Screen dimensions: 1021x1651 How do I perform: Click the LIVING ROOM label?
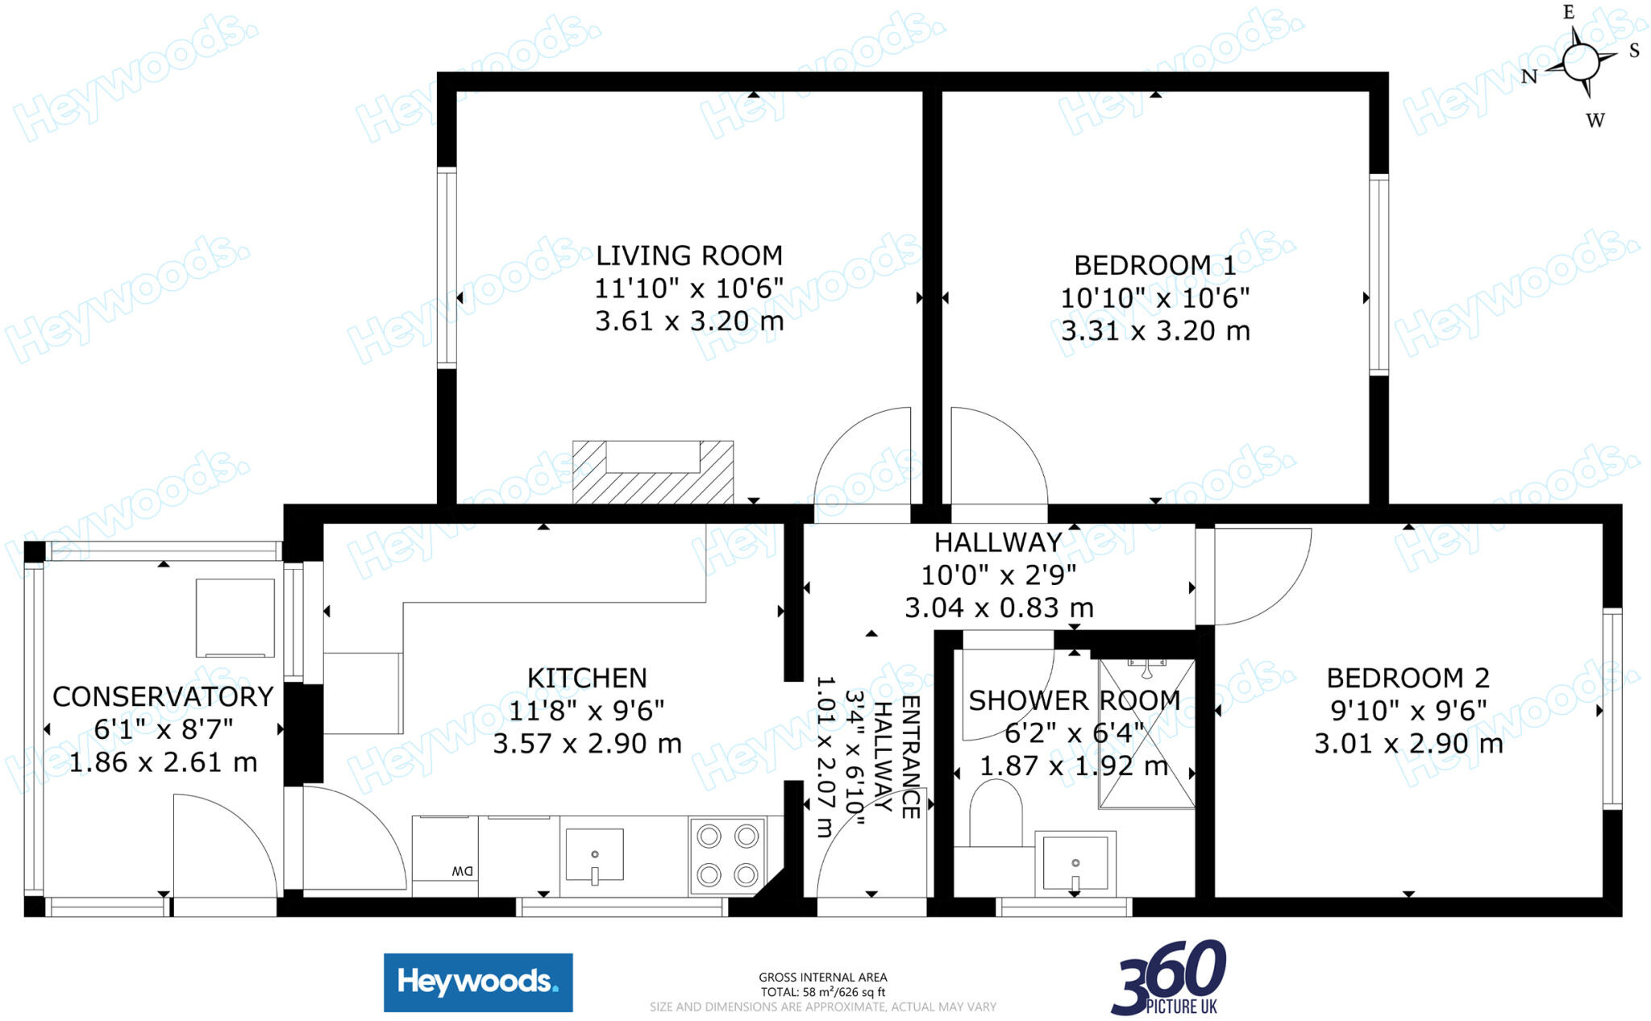689,256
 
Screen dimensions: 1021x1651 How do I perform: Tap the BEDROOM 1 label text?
1154,265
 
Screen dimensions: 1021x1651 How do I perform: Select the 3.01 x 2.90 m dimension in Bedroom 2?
1408,744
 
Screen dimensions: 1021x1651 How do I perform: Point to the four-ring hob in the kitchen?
728,855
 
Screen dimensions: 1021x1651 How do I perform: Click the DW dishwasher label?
462,871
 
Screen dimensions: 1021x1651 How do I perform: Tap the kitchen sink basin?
595,854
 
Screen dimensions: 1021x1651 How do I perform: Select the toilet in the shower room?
996,814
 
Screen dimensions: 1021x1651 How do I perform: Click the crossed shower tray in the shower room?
1146,733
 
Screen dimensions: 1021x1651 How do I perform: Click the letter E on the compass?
1569,12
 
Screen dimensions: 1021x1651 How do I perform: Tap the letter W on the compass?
1595,121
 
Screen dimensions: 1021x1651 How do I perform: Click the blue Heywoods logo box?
478,982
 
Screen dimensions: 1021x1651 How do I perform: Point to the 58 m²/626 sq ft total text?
823,992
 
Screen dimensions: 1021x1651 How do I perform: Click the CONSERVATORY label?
163,697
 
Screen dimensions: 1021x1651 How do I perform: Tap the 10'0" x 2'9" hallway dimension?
998,575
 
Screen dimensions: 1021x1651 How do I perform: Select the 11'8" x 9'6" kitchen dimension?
587,711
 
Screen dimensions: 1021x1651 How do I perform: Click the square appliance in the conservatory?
235,617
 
